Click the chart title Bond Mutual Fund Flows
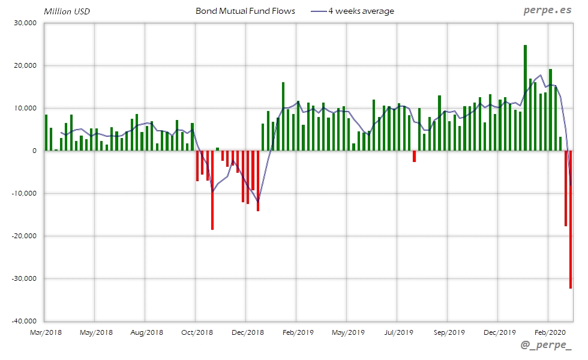tap(245, 11)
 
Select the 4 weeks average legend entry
tap(361, 11)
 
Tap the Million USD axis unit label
tap(67, 11)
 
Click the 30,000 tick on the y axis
tap(25, 23)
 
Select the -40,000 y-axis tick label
tap(24, 321)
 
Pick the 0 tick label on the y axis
tap(35, 151)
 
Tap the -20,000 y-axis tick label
tap(24, 236)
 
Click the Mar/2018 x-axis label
tap(45, 332)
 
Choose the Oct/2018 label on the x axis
tap(196, 332)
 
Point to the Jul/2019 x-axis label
tap(398, 332)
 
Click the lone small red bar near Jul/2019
tap(414, 156)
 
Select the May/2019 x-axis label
tap(347, 332)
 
